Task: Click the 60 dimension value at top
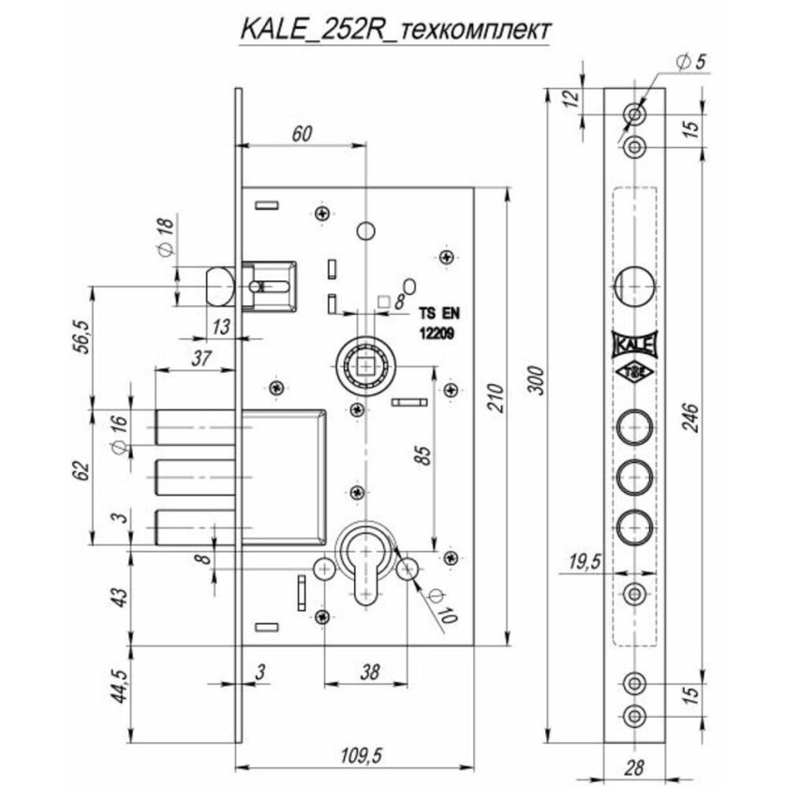coord(301,133)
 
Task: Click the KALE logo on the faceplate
coord(634,347)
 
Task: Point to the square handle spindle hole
coord(364,360)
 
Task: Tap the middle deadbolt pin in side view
coord(192,476)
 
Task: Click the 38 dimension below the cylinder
coord(369,671)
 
